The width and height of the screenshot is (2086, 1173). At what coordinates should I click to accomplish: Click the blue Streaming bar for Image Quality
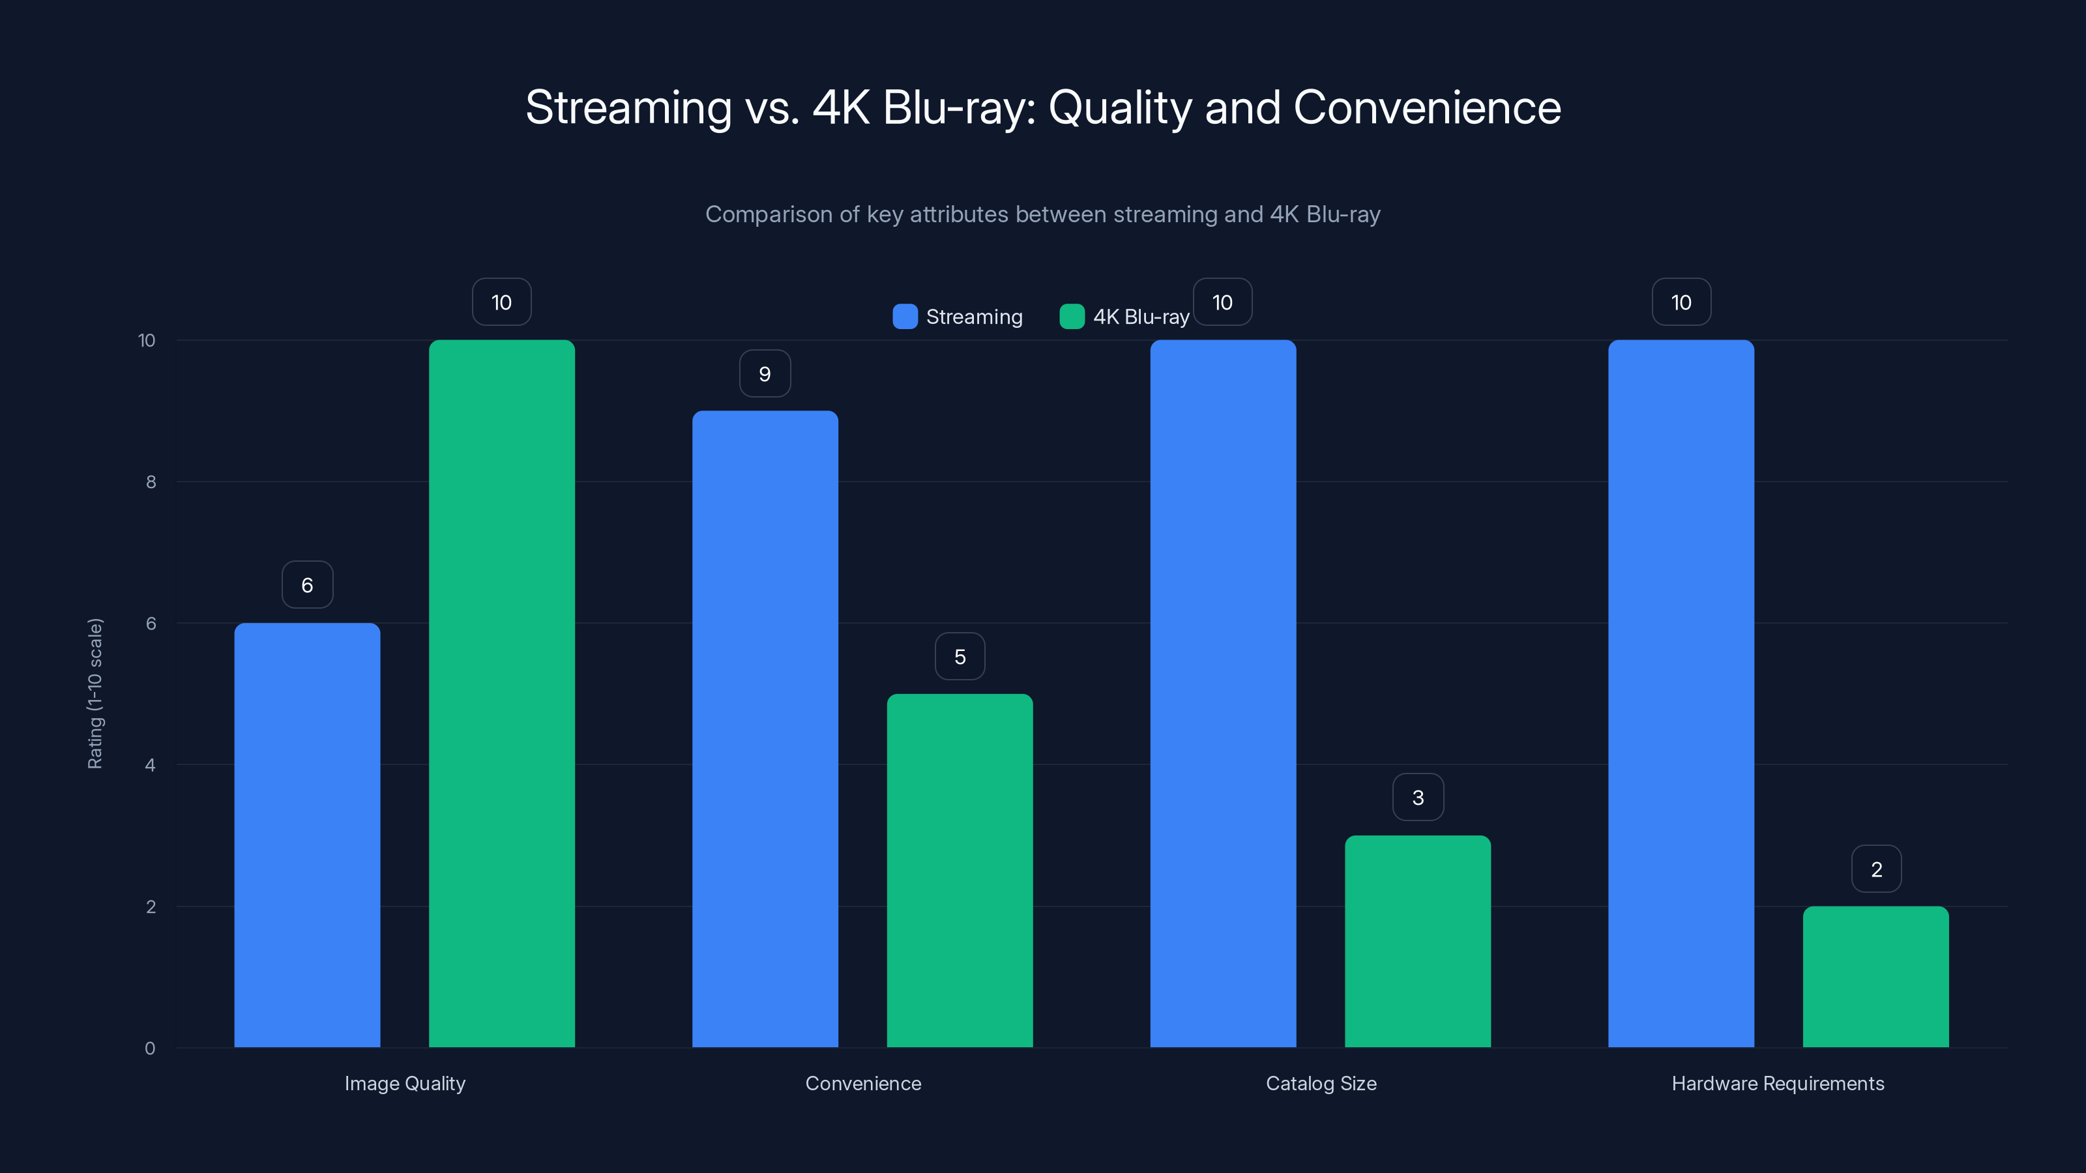(307, 834)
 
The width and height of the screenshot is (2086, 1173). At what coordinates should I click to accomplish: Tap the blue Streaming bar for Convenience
(765, 729)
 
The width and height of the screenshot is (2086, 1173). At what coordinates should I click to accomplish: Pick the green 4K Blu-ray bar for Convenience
(960, 870)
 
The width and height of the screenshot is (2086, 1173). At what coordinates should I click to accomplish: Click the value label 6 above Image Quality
(307, 585)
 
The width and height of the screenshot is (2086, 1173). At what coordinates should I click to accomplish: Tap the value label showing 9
(765, 373)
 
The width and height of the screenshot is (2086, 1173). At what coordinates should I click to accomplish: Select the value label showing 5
(960, 656)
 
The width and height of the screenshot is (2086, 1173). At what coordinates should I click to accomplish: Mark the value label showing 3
(1417, 798)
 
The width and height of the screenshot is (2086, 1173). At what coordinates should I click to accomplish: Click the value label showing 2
(1876, 869)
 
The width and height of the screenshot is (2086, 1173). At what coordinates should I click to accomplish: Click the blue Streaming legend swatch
(905, 317)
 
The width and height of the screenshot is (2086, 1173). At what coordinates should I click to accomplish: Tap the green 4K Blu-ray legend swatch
(1071, 317)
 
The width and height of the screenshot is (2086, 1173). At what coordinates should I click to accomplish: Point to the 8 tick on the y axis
(151, 482)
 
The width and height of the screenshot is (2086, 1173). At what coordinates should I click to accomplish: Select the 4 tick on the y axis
(151, 765)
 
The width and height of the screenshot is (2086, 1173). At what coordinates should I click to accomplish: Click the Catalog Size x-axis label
(1321, 1083)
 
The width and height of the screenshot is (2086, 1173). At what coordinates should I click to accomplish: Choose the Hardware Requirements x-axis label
(1778, 1083)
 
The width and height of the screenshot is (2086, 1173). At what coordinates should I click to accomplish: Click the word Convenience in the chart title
(1427, 108)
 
